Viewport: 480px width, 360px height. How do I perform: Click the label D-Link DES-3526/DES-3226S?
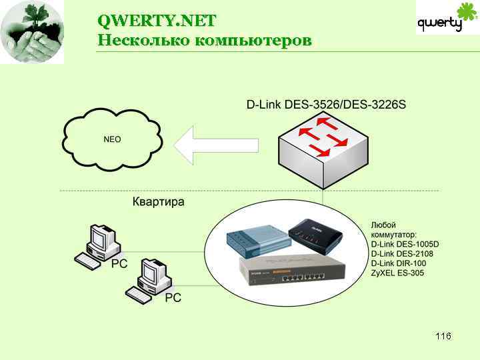[326, 105]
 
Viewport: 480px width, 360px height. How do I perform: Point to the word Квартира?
[159, 201]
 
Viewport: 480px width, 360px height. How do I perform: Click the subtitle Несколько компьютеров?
[204, 40]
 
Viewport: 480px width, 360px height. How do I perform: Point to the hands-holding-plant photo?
[32, 32]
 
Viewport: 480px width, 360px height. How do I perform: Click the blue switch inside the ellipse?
[256, 240]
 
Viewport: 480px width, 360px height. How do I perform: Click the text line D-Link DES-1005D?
[405, 245]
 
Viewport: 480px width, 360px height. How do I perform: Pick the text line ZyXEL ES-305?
[398, 273]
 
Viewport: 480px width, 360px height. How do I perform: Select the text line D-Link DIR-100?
[398, 263]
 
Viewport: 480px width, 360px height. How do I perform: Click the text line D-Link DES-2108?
[401, 254]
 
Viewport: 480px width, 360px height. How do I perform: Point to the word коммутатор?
[393, 235]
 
